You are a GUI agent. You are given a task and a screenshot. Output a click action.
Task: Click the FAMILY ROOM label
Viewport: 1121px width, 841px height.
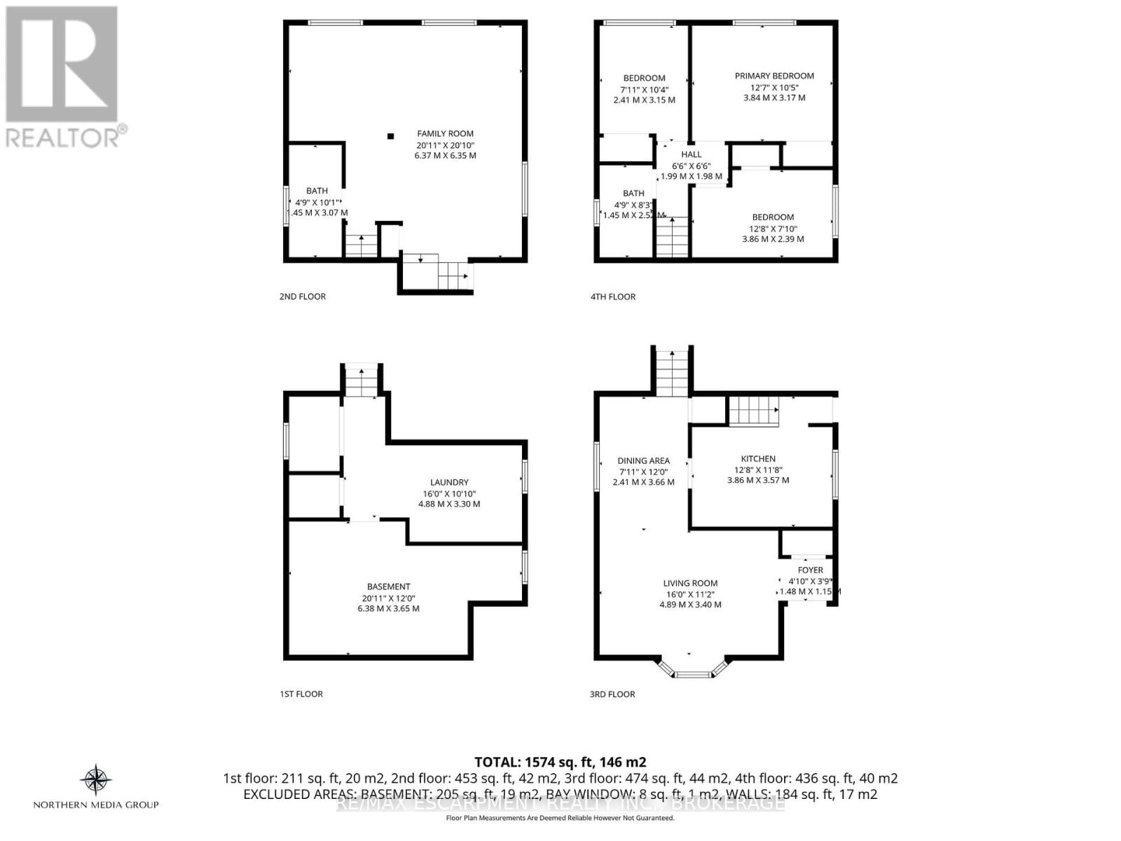[x=445, y=133]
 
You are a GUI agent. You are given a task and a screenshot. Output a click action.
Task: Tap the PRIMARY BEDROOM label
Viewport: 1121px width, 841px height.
[x=774, y=76]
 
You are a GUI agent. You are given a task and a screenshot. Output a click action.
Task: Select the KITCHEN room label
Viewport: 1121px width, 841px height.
[x=758, y=459]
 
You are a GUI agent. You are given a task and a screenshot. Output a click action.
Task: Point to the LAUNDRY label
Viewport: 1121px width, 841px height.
[x=449, y=482]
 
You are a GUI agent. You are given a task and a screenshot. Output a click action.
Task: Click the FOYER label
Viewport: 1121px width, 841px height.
[x=810, y=570]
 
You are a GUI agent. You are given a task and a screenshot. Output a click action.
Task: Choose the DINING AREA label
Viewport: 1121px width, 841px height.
[x=643, y=460]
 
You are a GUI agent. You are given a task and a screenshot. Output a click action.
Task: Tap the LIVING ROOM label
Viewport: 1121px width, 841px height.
[x=690, y=583]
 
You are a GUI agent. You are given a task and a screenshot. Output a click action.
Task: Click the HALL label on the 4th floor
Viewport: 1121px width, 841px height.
[x=691, y=154]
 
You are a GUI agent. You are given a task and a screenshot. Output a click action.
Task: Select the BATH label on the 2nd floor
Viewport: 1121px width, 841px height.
[x=317, y=191]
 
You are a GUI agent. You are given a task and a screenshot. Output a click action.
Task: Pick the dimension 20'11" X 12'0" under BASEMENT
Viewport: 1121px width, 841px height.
[x=388, y=598]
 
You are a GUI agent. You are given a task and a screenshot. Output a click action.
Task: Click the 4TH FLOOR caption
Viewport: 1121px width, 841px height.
[x=612, y=296]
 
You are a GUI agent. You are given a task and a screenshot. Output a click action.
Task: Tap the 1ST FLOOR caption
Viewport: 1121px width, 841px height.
[x=301, y=694]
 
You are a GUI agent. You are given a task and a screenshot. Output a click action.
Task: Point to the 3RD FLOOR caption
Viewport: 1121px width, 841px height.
[x=612, y=694]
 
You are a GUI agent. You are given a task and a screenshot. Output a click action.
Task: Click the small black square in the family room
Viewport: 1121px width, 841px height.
[x=391, y=136]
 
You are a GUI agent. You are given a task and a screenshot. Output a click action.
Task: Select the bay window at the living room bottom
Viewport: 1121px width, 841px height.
[x=692, y=674]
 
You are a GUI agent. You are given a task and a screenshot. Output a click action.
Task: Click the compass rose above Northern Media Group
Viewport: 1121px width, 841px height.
[x=96, y=780]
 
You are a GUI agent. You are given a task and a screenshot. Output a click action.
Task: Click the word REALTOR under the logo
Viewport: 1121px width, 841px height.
[x=63, y=137]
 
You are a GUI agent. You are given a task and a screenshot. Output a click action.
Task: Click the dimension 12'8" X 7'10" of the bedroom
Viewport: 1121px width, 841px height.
[x=773, y=228]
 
